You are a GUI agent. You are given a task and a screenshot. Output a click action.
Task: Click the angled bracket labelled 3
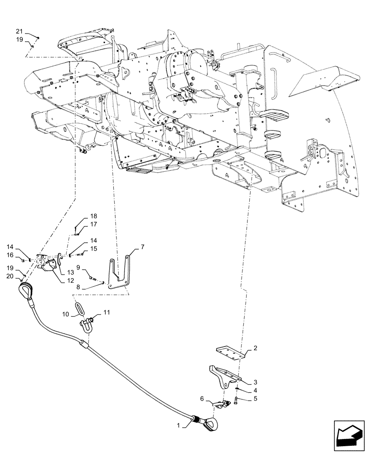click(223, 374)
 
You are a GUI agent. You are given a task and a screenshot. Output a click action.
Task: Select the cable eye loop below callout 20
click(24, 290)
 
